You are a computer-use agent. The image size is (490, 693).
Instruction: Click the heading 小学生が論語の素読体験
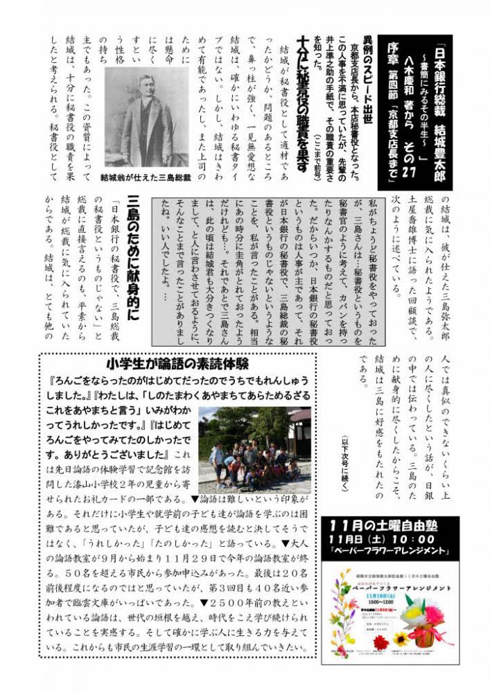point(178,363)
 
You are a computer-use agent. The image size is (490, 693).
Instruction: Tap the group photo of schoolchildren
point(254,446)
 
